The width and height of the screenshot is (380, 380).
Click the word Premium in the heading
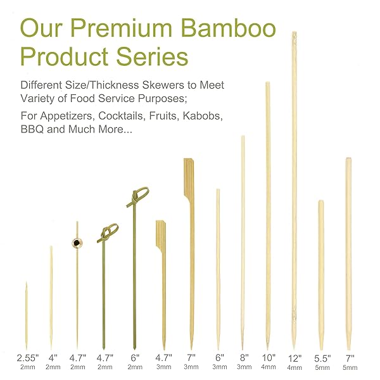click(x=121, y=28)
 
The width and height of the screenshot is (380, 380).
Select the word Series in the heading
click(x=152, y=56)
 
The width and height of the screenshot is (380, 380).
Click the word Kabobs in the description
click(x=203, y=116)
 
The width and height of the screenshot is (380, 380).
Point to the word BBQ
click(x=32, y=129)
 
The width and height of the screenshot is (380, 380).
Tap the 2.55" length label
click(x=28, y=357)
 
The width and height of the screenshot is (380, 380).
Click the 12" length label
click(x=294, y=358)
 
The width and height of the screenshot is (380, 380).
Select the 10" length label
click(x=269, y=357)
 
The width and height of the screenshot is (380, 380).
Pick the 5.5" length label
click(x=322, y=358)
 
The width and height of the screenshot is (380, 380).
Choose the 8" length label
click(x=244, y=357)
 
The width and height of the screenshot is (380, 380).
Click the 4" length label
click(x=53, y=357)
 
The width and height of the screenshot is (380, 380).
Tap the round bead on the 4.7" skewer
click(x=77, y=243)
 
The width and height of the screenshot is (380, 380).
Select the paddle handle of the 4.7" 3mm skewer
click(x=161, y=236)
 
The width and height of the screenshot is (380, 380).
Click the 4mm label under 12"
click(x=294, y=367)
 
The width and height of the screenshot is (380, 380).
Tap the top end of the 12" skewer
click(x=294, y=32)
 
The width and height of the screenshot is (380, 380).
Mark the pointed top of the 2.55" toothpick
click(x=27, y=282)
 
